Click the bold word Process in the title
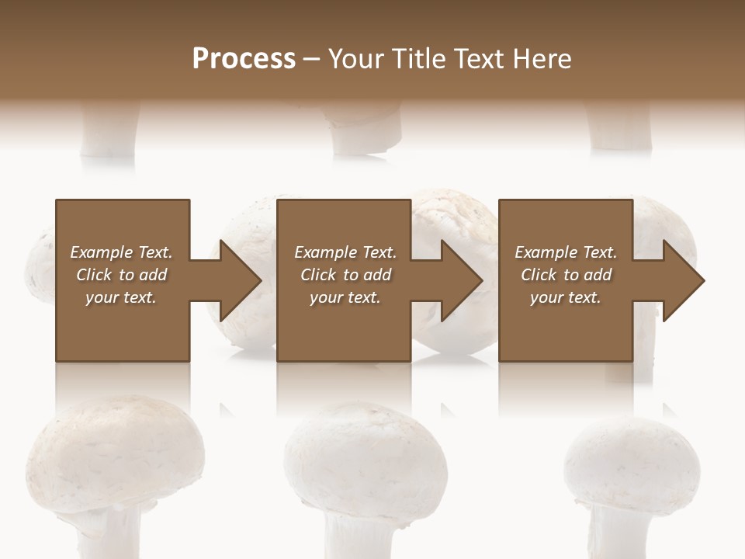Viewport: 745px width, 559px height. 244,59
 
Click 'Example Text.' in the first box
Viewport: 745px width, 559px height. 121,252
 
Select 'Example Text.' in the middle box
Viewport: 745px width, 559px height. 345,252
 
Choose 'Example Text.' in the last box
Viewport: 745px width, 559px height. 566,252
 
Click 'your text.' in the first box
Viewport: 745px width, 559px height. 121,297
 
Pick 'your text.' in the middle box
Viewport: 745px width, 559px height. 345,297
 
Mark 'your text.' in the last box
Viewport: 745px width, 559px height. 566,297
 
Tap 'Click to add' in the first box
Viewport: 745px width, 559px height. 121,275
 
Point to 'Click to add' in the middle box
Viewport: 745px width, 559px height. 345,275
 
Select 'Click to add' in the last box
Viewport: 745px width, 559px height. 566,275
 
